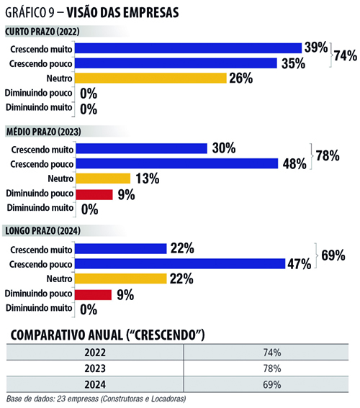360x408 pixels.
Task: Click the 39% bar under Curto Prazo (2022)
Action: (x=188, y=48)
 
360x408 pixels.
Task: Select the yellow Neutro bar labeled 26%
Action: (x=150, y=78)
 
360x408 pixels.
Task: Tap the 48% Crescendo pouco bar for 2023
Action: (x=177, y=163)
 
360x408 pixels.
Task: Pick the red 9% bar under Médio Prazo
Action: (x=94, y=194)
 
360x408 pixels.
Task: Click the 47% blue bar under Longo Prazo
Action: (x=180, y=263)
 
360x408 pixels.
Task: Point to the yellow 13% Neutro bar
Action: (x=103, y=178)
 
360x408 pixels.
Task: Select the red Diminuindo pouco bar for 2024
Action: (x=93, y=294)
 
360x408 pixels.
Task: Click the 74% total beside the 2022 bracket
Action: (x=346, y=55)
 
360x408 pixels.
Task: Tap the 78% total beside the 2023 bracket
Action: (x=328, y=155)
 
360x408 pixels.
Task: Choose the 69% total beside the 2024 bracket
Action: (x=333, y=255)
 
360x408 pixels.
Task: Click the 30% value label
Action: (x=224, y=148)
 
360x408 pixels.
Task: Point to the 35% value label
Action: (x=293, y=63)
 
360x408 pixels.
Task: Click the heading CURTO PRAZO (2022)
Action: (x=42, y=32)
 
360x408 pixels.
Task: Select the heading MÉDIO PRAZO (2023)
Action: (x=43, y=132)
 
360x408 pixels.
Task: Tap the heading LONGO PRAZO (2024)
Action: (x=42, y=231)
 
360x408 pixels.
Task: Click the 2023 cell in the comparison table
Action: (x=95, y=368)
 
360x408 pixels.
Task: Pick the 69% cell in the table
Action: (x=271, y=384)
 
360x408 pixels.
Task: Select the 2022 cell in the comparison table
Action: (x=95, y=353)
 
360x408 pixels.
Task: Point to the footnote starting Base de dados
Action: (x=96, y=399)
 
